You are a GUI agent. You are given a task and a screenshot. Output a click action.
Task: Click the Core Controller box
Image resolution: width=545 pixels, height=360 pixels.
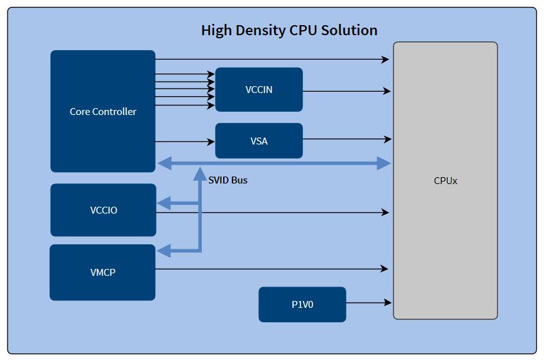102,111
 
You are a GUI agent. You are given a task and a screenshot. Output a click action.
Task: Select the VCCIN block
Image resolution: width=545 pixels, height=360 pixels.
258,90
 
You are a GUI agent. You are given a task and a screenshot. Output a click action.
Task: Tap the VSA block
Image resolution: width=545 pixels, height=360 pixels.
258,141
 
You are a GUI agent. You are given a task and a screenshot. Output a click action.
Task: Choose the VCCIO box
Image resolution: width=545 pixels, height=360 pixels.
103,210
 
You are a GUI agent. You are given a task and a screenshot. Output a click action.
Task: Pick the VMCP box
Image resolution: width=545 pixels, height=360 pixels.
102,273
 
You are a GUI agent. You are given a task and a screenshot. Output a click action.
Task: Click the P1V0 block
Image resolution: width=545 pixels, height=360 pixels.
302,305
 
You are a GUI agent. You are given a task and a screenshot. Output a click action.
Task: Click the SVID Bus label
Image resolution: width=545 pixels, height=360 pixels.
228,180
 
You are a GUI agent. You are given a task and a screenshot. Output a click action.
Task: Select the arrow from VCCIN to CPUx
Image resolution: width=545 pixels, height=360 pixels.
346,91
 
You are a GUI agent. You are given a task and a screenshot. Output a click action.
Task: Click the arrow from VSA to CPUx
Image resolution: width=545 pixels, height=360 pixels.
346,139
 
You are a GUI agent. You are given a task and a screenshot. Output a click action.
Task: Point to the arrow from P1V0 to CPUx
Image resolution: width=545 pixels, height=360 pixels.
368,303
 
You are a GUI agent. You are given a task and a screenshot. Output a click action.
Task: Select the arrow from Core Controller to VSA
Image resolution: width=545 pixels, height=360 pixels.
185,142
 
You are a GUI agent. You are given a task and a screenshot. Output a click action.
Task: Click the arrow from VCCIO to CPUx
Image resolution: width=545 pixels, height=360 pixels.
270,212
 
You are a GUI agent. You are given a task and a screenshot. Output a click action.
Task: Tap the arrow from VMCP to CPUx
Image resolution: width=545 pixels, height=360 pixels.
270,269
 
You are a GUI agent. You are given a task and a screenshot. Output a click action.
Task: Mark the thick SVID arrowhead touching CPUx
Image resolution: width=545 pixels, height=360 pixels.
383,164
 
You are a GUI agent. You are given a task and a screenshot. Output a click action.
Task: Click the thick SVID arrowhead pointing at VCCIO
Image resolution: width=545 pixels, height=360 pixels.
163,203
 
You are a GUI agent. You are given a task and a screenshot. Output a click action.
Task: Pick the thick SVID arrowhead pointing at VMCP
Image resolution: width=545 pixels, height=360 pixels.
163,251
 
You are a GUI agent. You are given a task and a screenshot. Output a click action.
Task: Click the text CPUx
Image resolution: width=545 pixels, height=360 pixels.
445,181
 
